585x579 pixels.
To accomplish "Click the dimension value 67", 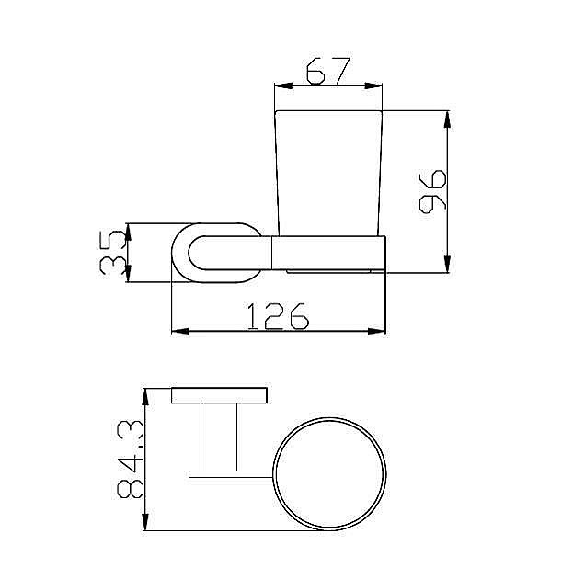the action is coord(328,71).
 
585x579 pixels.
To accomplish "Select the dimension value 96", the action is coord(432,191).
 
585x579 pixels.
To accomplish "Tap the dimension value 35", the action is coord(112,252).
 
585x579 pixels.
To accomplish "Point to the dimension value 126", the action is coord(278,316).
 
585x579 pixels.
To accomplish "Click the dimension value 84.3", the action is coord(130,459).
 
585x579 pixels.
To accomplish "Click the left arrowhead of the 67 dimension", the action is coord(283,85).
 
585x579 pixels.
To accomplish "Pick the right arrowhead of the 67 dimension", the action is coord(373,85).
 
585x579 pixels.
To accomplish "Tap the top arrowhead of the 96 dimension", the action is coord(448,119).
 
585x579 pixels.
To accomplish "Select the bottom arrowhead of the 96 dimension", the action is coord(448,264).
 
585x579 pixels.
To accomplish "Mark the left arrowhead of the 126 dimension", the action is coord(180,331).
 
